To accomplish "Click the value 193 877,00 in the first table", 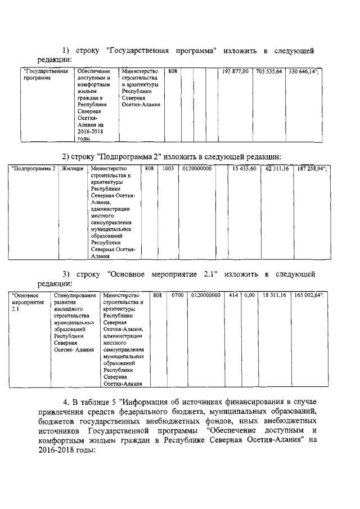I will (x=235, y=72).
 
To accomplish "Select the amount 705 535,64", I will (x=268, y=72).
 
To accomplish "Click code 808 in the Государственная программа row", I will (x=173, y=72).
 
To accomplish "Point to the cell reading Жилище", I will (x=73, y=168).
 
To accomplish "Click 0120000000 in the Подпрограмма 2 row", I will (x=197, y=168).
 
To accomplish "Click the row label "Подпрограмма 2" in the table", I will (x=34, y=168).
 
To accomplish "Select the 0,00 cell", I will (x=249, y=295).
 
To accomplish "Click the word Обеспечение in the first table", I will (x=93, y=72).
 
